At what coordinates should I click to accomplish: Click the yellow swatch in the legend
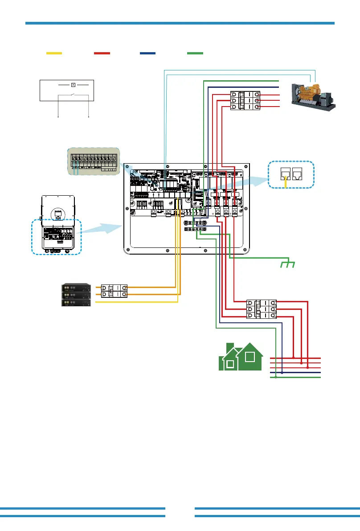(x=54, y=53)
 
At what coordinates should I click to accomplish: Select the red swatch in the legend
(x=102, y=53)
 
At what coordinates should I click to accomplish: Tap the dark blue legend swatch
(x=147, y=53)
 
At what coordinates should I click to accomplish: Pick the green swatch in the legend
(x=196, y=53)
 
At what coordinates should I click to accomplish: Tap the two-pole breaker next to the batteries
(x=115, y=291)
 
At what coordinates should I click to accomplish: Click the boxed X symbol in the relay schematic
(x=74, y=84)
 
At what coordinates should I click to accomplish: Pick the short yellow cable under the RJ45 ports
(x=285, y=184)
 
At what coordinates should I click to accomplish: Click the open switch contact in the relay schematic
(x=74, y=95)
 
